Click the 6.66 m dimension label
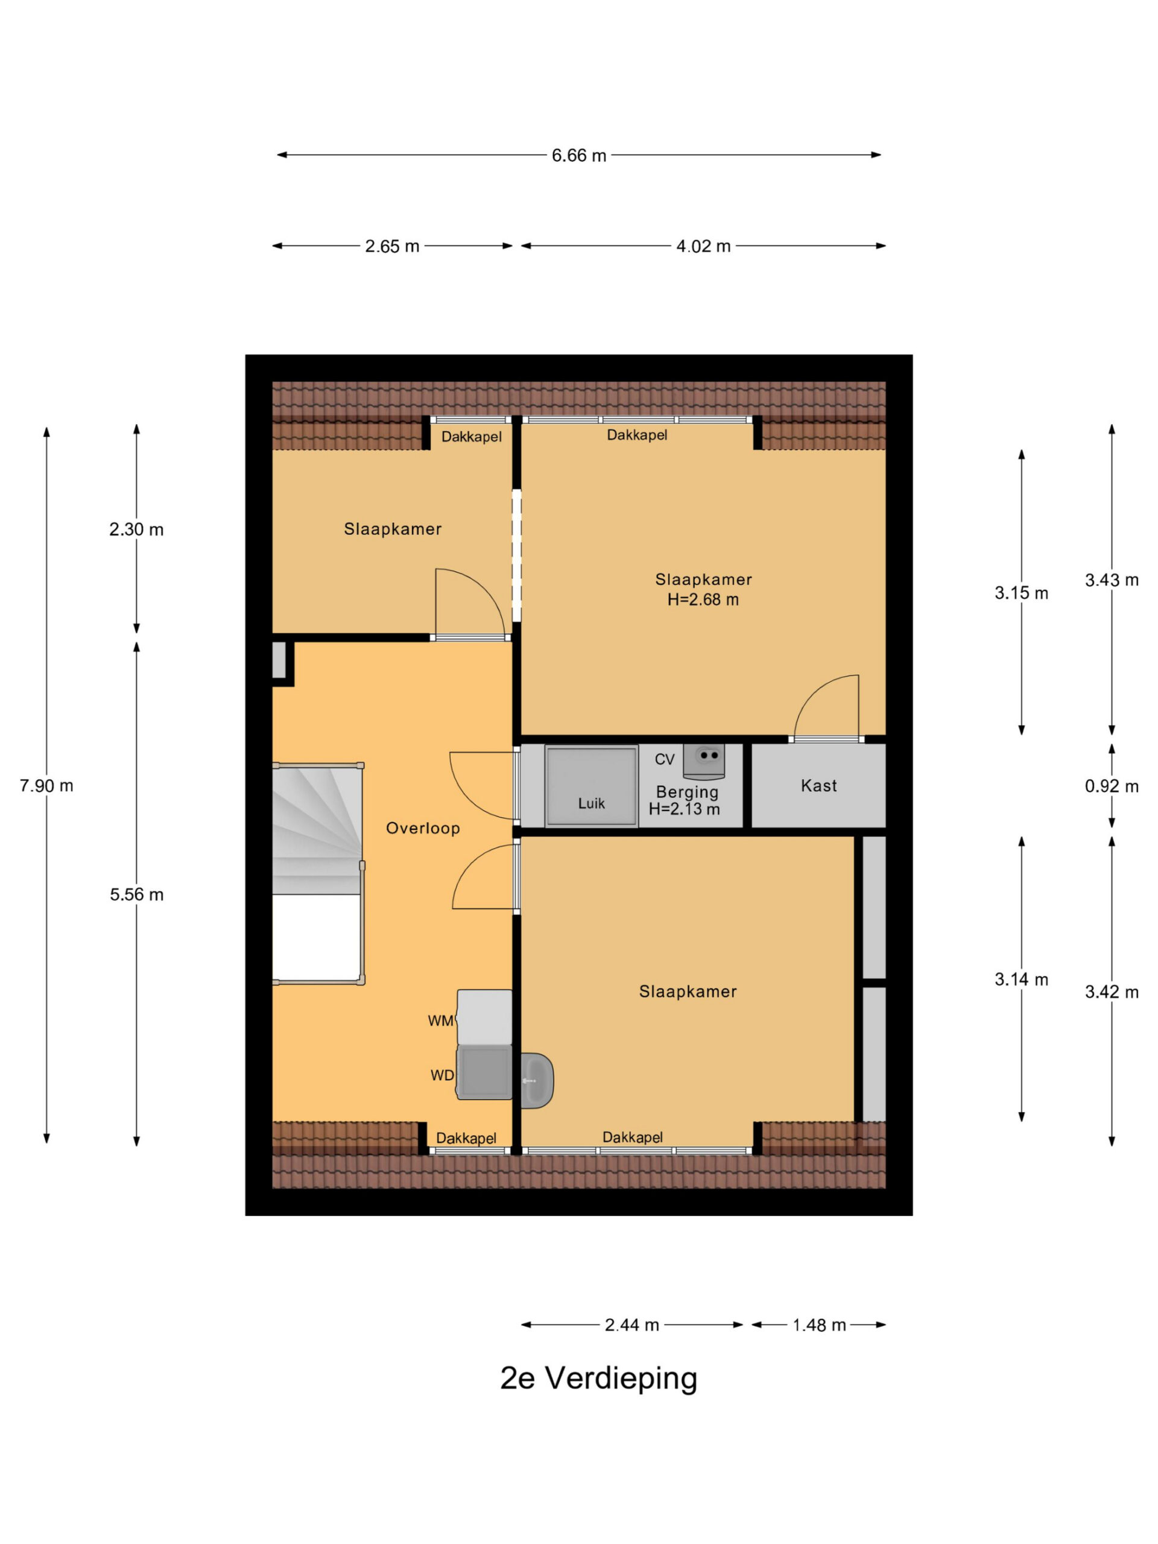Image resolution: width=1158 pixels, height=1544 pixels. [x=578, y=155]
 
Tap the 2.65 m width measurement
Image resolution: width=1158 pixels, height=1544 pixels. [x=391, y=245]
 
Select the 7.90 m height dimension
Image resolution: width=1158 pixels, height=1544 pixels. [x=46, y=785]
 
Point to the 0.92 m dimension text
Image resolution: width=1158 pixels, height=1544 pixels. [x=1111, y=786]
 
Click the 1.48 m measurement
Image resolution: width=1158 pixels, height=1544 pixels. [x=819, y=1325]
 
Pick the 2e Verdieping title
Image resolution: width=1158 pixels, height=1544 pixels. [x=598, y=1379]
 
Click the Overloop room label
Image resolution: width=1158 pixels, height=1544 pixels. [x=423, y=828]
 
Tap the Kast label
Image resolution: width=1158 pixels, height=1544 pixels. [x=819, y=785]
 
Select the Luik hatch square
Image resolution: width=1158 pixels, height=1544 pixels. [x=591, y=786]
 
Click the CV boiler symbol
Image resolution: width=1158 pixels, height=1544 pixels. [x=704, y=761]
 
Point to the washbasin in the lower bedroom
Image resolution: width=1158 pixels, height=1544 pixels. [x=537, y=1081]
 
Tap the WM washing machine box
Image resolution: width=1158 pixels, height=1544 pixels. [x=484, y=1017]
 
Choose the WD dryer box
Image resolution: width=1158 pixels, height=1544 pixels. [x=484, y=1073]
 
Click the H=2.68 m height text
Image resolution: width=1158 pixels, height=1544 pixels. [x=703, y=599]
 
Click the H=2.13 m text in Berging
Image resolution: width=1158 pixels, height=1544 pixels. [x=684, y=809]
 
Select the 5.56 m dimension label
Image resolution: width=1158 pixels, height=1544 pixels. [x=136, y=894]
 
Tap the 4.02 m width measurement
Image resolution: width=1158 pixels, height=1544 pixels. [x=703, y=245]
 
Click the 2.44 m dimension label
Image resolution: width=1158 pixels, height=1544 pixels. [x=631, y=1325]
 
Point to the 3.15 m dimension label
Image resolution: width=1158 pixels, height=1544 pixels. [x=1021, y=593]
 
